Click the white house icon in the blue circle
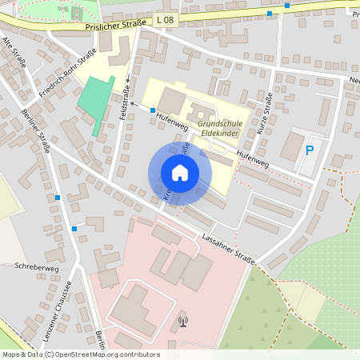click(180, 172)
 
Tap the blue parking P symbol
click(310, 150)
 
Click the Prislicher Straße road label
click(115, 25)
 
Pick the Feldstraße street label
click(125, 103)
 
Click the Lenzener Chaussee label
click(59, 312)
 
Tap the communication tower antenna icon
click(183, 323)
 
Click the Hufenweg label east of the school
click(251, 157)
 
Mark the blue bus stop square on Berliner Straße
click(58, 197)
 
